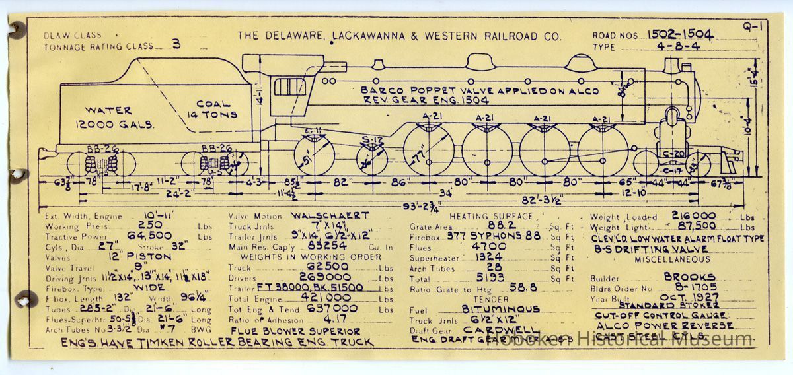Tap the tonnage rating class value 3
(x=176, y=44)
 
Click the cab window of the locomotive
(x=289, y=86)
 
